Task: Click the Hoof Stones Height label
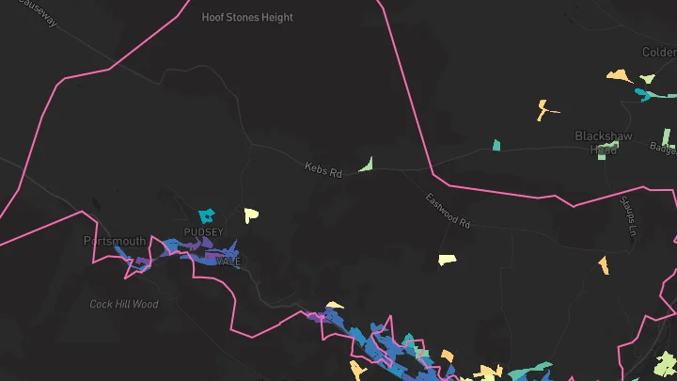click(247, 17)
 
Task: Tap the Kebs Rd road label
click(323, 169)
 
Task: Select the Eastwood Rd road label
click(447, 210)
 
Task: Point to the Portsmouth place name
click(115, 241)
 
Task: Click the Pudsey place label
click(204, 231)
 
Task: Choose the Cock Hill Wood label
click(124, 304)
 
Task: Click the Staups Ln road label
click(627, 215)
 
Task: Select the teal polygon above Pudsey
click(207, 215)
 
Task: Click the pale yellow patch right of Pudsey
click(251, 215)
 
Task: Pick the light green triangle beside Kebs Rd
click(367, 165)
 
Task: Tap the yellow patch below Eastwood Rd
click(447, 259)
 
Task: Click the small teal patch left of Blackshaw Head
click(496, 145)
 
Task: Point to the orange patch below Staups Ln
click(604, 266)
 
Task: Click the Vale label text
click(228, 262)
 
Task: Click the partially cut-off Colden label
click(660, 53)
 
